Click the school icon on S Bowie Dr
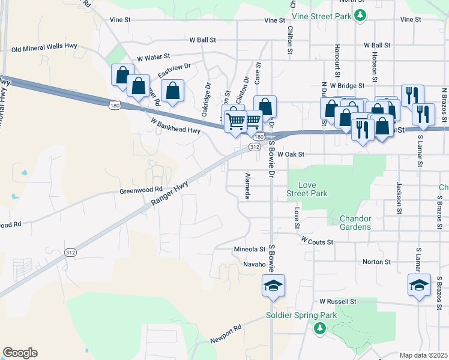tap(273, 286)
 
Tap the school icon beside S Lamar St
tap(418, 286)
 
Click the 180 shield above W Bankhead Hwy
tap(115, 106)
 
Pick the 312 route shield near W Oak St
tap(255, 146)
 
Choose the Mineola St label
tap(249, 248)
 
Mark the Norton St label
tap(376, 262)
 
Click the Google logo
tap(20, 353)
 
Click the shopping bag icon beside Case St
tap(265, 107)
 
